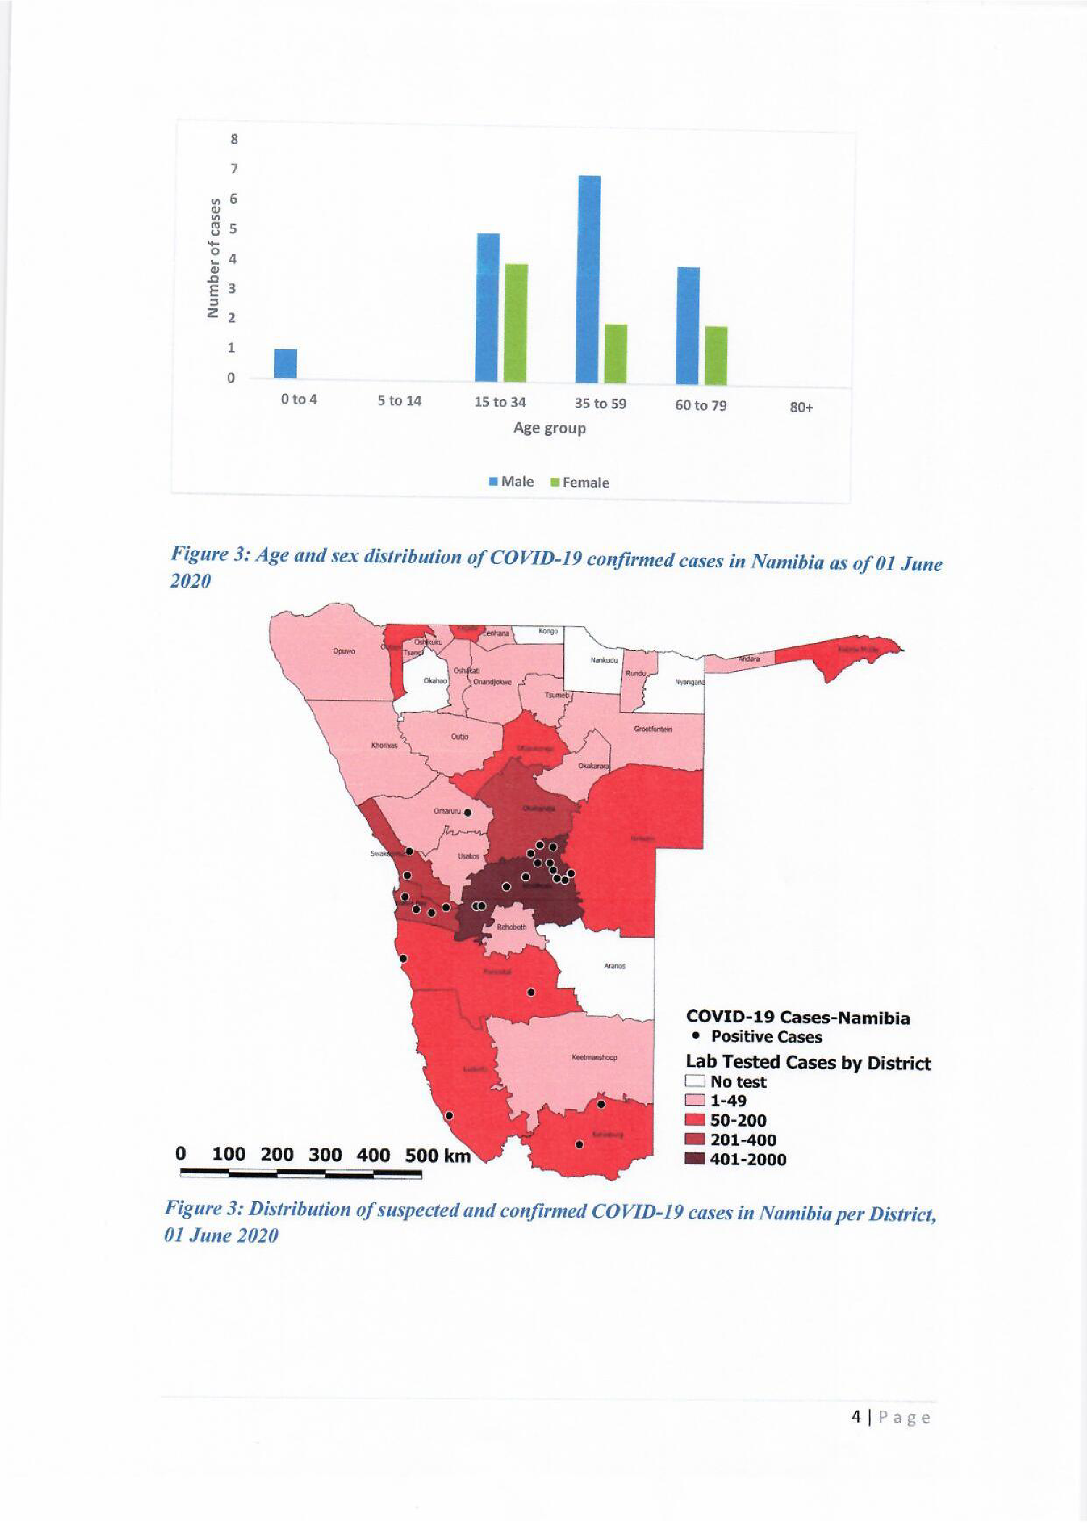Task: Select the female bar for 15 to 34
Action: click(516, 324)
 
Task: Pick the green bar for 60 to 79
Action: click(716, 355)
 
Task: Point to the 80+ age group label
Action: click(801, 407)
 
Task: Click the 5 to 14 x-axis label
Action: click(400, 401)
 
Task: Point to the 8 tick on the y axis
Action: click(234, 140)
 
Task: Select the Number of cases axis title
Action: click(214, 258)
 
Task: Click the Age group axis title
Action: click(550, 428)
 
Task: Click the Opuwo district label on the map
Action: click(344, 650)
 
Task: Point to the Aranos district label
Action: click(614, 966)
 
